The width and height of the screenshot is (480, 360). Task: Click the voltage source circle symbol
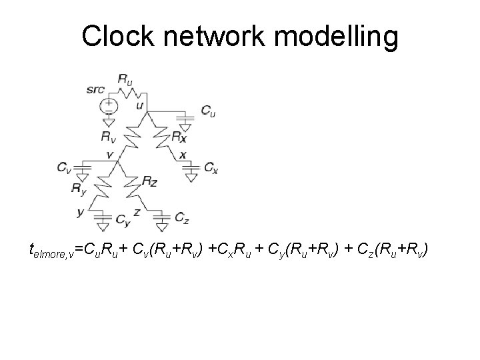[107, 105]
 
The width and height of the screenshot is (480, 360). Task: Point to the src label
[95, 89]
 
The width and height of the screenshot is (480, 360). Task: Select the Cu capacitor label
[208, 111]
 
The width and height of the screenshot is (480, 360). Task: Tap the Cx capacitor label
[211, 165]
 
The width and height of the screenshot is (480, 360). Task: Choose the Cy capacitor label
[123, 219]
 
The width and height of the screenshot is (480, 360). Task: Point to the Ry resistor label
[79, 189]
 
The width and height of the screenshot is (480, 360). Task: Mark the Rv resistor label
[107, 136]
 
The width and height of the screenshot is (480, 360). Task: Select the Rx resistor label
[178, 137]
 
